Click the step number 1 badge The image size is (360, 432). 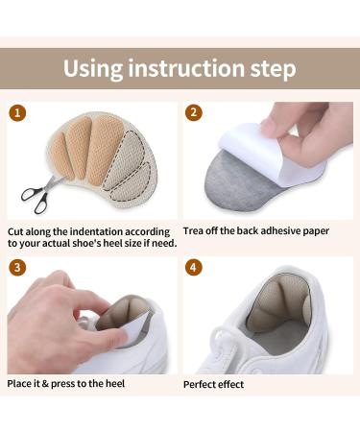tap(15, 112)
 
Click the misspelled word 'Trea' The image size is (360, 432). tap(194, 231)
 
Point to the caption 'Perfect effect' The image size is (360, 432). tap(214, 384)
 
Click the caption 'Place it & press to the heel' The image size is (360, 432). tap(67, 384)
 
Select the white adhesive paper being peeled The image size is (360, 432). tap(252, 145)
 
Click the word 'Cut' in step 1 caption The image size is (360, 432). tap(15, 231)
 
